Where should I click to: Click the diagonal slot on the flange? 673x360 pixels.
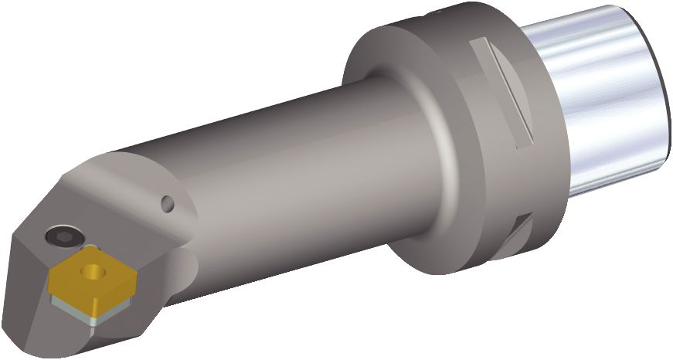pos(505,93)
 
